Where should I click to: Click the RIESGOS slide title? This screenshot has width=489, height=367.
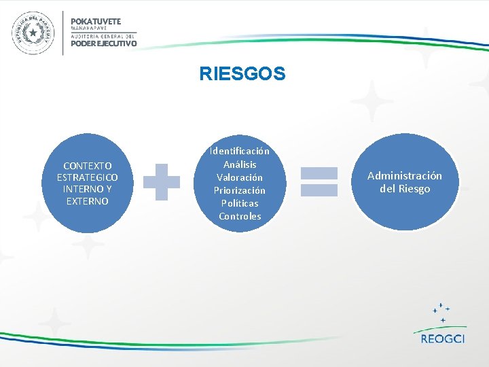tap(242, 73)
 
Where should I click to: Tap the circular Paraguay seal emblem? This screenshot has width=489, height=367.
tap(32, 33)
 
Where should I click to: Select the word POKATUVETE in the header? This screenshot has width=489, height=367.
tap(96, 21)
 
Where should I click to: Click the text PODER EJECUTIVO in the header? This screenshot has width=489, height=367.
tap(103, 43)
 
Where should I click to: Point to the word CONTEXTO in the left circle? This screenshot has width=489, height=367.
tap(88, 166)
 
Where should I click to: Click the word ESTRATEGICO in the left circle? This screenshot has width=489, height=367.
tap(88, 177)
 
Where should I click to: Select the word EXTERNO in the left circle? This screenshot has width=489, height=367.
tap(88, 201)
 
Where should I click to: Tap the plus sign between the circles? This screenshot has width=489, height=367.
tap(162, 181)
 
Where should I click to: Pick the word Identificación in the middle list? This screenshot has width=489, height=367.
tap(240, 151)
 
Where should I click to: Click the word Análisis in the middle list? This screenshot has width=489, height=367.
tap(240, 164)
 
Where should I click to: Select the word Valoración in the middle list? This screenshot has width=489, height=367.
tap(240, 177)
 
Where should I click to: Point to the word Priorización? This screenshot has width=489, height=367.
tap(240, 190)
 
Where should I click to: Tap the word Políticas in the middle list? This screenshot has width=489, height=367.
tap(240, 203)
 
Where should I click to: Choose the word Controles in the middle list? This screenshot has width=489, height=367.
tap(240, 216)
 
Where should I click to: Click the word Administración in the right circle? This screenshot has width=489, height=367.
tap(404, 175)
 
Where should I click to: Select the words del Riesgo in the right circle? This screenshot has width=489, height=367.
tap(404, 189)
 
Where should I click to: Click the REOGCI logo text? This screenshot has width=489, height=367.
tap(442, 338)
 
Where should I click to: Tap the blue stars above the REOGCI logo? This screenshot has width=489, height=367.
tap(442, 312)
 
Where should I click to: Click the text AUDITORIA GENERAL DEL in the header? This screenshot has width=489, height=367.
tap(103, 35)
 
